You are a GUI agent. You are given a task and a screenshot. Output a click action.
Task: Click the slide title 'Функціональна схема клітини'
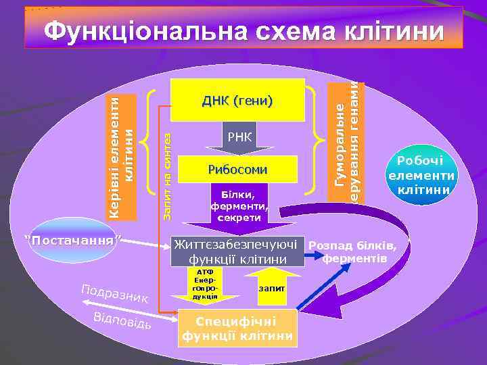243,30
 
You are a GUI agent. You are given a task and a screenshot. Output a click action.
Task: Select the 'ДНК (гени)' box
237,101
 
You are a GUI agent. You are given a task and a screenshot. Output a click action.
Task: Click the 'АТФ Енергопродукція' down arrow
206,285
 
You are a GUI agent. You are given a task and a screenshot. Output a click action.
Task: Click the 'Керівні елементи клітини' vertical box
123,156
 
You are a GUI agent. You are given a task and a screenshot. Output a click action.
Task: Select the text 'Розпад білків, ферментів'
354,251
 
